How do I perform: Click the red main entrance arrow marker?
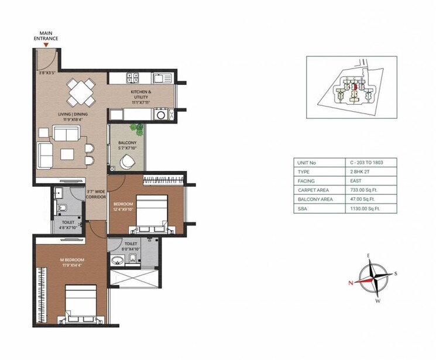coord(46,44)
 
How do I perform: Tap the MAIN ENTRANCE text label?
coord(49,36)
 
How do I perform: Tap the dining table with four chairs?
coord(80,90)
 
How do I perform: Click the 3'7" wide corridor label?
coord(95,193)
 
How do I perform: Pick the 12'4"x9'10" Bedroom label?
coord(124,207)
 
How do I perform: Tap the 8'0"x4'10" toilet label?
coord(131,246)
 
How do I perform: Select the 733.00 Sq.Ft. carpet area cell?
coord(364,190)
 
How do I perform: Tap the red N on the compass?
coord(351,282)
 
